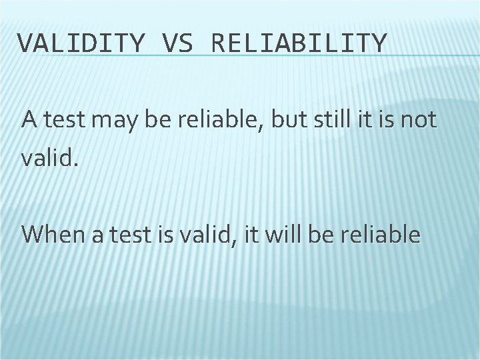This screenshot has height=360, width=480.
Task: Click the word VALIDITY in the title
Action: pyautogui.click(x=80, y=43)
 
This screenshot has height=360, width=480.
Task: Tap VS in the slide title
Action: pyautogui.click(x=176, y=43)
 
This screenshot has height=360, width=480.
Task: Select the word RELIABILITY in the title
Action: pyautogui.click(x=298, y=43)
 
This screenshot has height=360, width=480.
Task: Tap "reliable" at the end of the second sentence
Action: pyautogui.click(x=383, y=235)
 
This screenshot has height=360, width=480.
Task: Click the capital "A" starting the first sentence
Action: pyautogui.click(x=29, y=121)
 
